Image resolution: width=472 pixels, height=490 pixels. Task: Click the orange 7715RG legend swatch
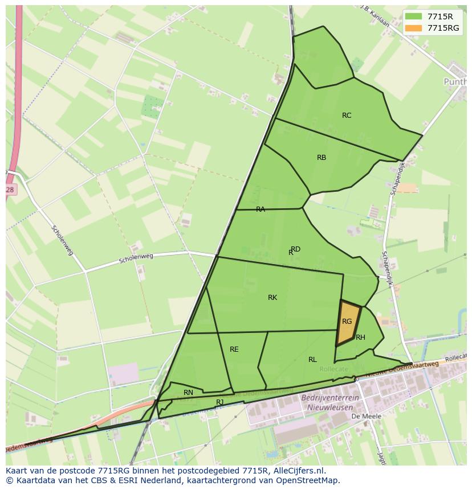[414, 28]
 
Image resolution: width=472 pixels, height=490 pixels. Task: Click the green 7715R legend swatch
[414, 17]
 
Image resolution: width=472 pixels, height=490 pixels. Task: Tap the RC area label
[347, 116]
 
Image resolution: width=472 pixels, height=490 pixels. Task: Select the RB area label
[322, 158]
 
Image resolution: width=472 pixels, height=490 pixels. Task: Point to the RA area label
[261, 209]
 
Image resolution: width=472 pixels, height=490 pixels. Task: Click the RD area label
[296, 249]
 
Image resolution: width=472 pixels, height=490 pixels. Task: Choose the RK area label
[272, 298]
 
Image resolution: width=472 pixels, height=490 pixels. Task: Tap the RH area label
[360, 337]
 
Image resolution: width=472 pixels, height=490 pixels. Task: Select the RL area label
[312, 360]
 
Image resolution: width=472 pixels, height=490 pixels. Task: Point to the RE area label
[234, 349]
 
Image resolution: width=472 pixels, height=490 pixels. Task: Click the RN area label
[188, 393]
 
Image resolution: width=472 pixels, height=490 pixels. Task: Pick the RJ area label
[220, 402]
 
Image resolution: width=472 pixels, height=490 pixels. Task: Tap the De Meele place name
[366, 416]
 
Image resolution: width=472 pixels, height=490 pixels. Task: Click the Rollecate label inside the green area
[333, 369]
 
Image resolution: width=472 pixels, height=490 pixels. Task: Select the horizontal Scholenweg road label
[137, 260]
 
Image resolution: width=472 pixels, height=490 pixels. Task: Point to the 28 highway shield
[10, 190]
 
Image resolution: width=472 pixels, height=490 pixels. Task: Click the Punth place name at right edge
[454, 82]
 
